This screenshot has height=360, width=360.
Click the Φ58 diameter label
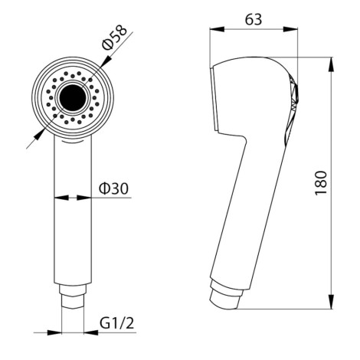pyautogui.click(x=114, y=37)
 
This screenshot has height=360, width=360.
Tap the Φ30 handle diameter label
pyautogui.click(x=114, y=189)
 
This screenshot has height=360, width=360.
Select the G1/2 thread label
pyautogui.click(x=116, y=323)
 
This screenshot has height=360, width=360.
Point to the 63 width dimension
pyautogui.click(x=254, y=19)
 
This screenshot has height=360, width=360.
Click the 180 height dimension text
pyautogui.click(x=321, y=183)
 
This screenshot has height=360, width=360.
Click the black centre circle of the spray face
pyautogui.click(x=73, y=98)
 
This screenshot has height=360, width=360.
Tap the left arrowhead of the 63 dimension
pyautogui.click(x=217, y=29)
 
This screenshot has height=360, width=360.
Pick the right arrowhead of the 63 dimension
pyautogui.click(x=290, y=29)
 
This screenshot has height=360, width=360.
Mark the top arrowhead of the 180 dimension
pyautogui.click(x=331, y=64)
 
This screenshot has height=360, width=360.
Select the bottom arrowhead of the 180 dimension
pyautogui.click(x=331, y=302)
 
